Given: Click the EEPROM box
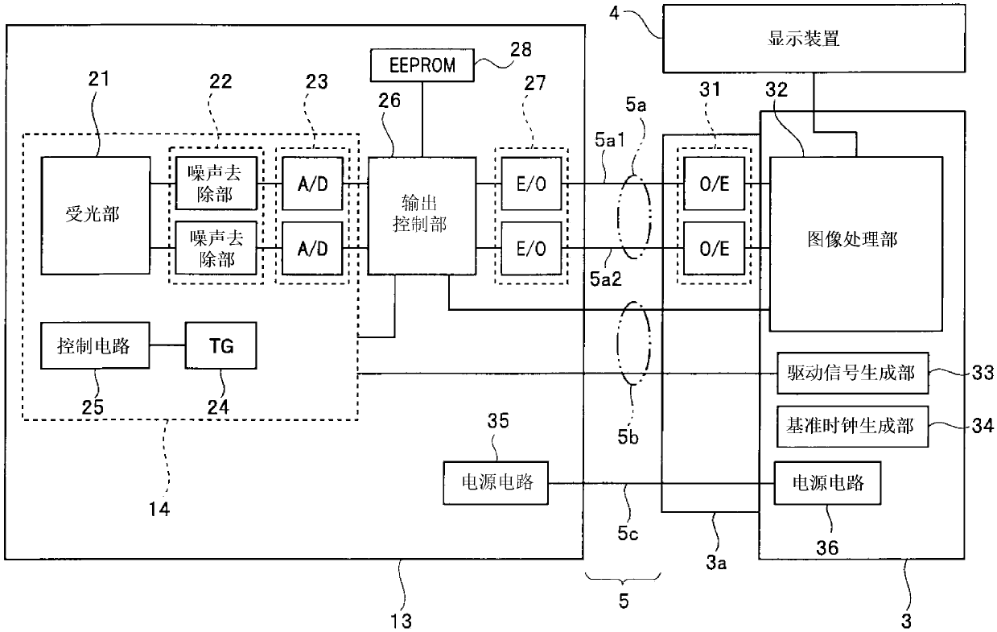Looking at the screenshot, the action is [422, 65].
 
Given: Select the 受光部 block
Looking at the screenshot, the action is [95, 215].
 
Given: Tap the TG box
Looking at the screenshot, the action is [220, 345].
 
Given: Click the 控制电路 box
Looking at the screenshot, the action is [95, 345].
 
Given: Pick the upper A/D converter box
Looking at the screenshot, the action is [312, 184].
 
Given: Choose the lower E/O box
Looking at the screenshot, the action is [531, 248].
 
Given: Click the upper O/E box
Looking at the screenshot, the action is [714, 184].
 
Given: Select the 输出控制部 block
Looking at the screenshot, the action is [422, 215].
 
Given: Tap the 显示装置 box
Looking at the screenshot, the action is [814, 39].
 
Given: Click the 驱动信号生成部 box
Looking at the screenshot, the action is [852, 374].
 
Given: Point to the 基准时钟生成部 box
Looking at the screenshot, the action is [852, 427].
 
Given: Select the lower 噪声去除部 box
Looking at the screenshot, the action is [216, 248].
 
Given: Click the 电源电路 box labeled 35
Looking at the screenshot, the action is [496, 483].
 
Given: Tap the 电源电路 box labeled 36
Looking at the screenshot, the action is [827, 483].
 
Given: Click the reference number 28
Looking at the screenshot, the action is [521, 50].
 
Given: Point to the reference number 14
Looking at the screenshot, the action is [159, 509].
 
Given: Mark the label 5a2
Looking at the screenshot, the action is [605, 279].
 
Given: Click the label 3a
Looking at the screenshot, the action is [715, 564].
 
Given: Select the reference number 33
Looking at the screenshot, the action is [983, 374].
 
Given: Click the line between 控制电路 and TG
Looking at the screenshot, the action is [167, 345].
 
